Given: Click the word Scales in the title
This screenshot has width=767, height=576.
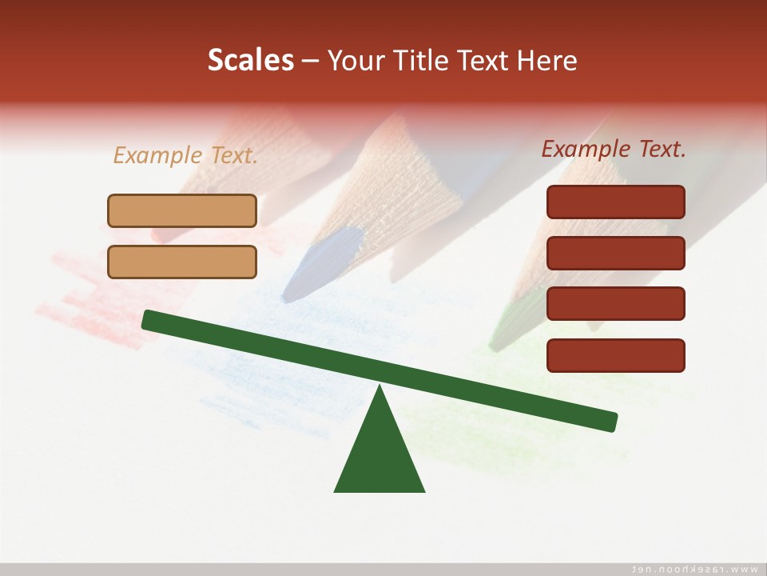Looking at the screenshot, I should [250, 61].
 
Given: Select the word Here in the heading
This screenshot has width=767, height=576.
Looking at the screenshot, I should [547, 61].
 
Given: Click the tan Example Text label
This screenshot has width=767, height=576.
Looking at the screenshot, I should [185, 155].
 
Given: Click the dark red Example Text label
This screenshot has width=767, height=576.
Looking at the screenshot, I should [614, 149].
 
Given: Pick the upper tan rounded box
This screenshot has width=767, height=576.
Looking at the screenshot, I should [182, 211].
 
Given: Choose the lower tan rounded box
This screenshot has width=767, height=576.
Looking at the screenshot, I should [182, 262].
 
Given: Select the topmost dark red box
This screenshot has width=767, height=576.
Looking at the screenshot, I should [615, 202].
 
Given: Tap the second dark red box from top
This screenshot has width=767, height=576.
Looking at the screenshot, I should [615, 253].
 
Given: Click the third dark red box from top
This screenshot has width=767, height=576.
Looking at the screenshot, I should [615, 304].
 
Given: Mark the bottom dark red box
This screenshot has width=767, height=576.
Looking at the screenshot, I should [615, 355].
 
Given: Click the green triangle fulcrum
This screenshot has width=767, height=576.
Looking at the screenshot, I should [380, 456].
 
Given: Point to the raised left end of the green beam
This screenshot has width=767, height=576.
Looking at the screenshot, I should [149, 320].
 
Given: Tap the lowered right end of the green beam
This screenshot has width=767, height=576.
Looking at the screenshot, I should [610, 421].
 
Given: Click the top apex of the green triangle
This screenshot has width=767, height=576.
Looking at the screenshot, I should [380, 389].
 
